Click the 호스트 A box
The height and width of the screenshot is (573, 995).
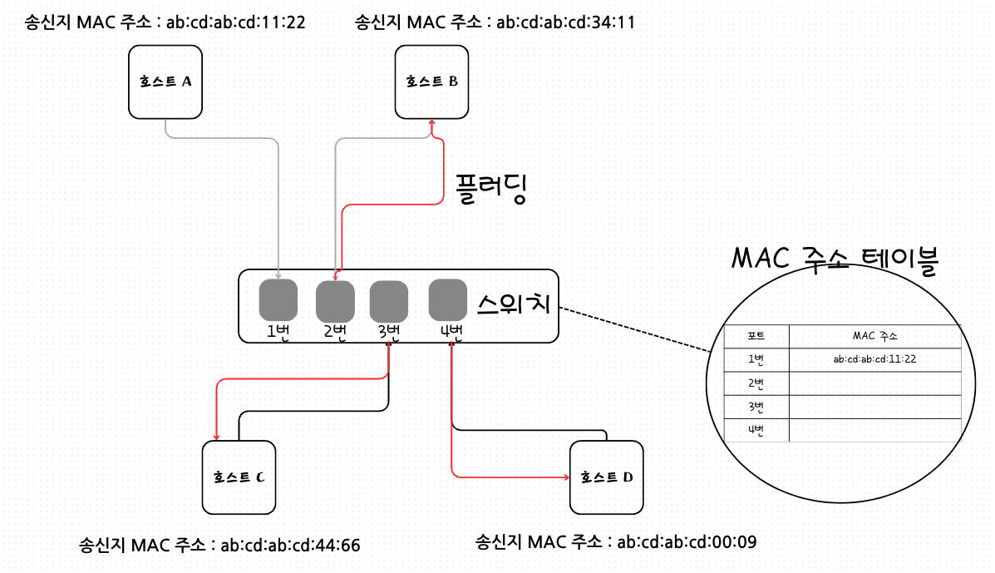coord(166,82)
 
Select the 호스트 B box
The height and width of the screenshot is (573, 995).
coord(432,82)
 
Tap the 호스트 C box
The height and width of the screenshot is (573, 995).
coord(239,477)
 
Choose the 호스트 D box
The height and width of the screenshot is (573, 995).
coord(607,477)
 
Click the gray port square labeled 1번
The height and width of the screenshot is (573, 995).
coord(278,300)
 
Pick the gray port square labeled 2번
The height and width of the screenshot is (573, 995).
coord(335,301)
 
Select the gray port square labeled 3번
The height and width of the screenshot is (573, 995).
coord(388,301)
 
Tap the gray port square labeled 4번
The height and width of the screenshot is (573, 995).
coord(447,300)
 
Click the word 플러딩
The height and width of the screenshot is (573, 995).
coord(491,190)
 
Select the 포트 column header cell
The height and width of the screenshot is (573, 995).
coord(756,336)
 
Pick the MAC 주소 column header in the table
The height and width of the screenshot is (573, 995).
coord(874,336)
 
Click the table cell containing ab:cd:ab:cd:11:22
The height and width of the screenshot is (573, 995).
coord(874,359)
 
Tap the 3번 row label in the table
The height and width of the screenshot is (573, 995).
coord(756,407)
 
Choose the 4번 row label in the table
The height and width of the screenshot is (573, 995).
coord(756,430)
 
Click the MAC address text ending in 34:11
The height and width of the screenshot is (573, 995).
coord(565,22)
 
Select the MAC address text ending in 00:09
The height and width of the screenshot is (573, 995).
coord(687,541)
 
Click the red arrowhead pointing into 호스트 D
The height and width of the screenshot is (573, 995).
coord(566,477)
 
